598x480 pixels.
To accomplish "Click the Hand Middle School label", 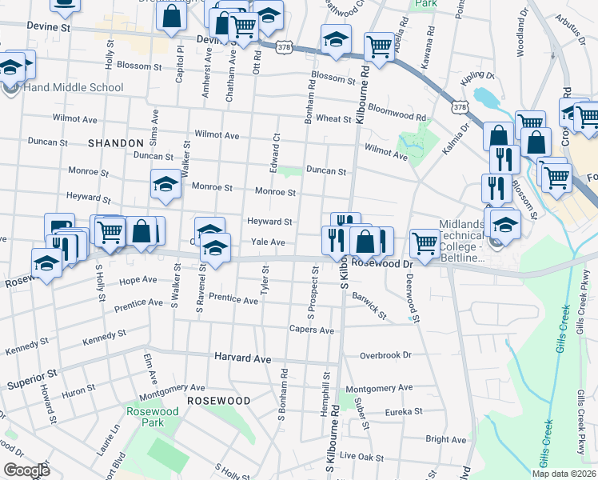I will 73,88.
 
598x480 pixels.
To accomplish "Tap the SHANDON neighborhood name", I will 115,142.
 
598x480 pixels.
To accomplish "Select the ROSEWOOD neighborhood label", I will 218,399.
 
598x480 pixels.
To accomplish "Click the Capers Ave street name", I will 311,330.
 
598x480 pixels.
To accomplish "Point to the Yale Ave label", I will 268,242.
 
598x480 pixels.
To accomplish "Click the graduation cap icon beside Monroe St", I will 165,185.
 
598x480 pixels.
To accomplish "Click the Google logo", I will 26,470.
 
